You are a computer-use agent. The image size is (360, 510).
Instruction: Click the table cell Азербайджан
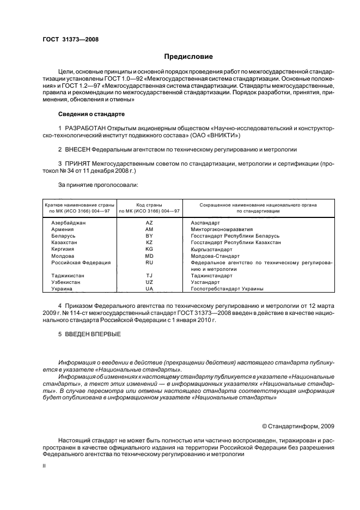[68, 223]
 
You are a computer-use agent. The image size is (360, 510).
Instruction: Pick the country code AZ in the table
[149, 223]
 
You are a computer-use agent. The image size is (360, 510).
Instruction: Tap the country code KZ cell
[149, 242]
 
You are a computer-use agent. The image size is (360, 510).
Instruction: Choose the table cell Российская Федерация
[81, 262]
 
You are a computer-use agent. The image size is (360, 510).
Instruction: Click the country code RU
[149, 262]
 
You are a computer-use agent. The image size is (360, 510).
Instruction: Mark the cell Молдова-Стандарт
[216, 256]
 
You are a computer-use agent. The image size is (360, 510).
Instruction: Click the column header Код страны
[149, 204]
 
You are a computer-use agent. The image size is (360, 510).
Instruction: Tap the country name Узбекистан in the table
[66, 282]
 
